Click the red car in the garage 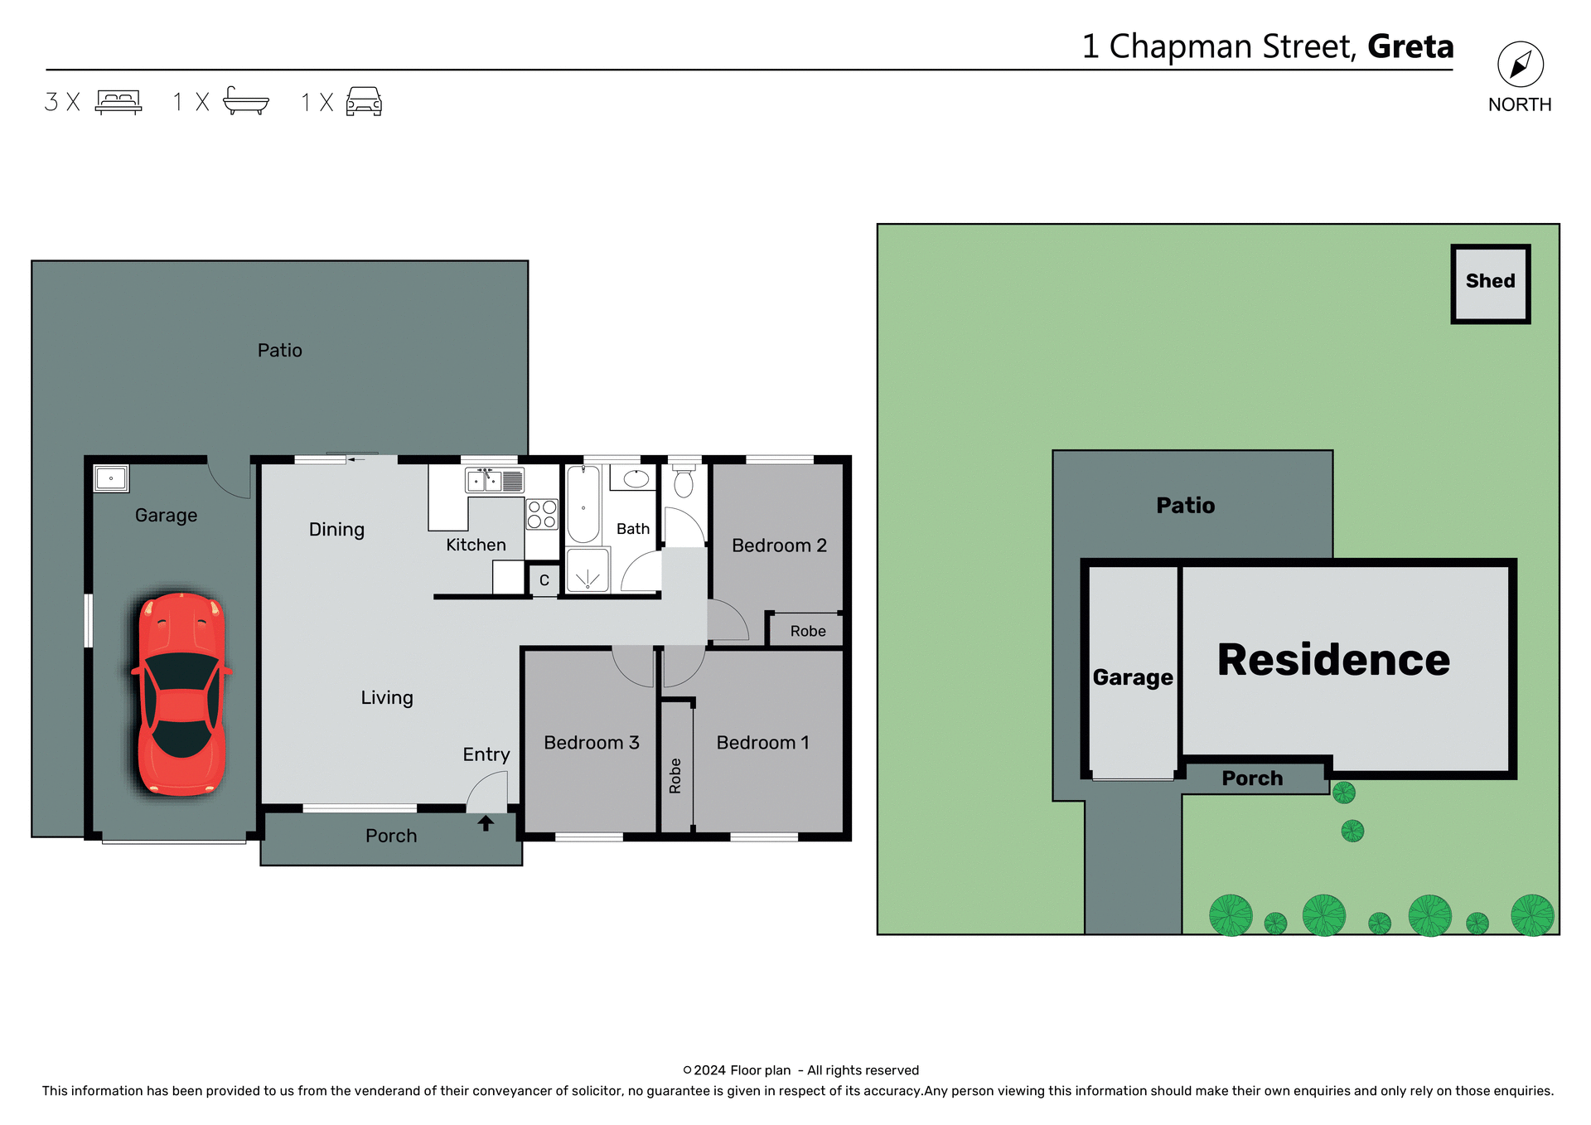[x=181, y=694]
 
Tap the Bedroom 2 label [x=779, y=546]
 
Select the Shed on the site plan [x=1490, y=283]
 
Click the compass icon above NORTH [x=1520, y=65]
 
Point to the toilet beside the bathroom [x=684, y=482]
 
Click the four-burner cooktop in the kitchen [x=542, y=514]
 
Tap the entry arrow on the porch [x=486, y=823]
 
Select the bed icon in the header [x=118, y=102]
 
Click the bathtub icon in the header [x=246, y=101]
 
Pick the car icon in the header [x=364, y=102]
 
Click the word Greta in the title [x=1410, y=46]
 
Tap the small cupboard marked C [x=544, y=580]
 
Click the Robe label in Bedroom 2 [x=807, y=631]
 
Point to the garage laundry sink [x=111, y=478]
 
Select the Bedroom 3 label [x=591, y=743]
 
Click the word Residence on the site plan [x=1333, y=661]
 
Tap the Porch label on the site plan [x=1252, y=778]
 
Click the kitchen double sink [x=485, y=480]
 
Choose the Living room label [x=386, y=698]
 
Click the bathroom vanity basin [x=636, y=478]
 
